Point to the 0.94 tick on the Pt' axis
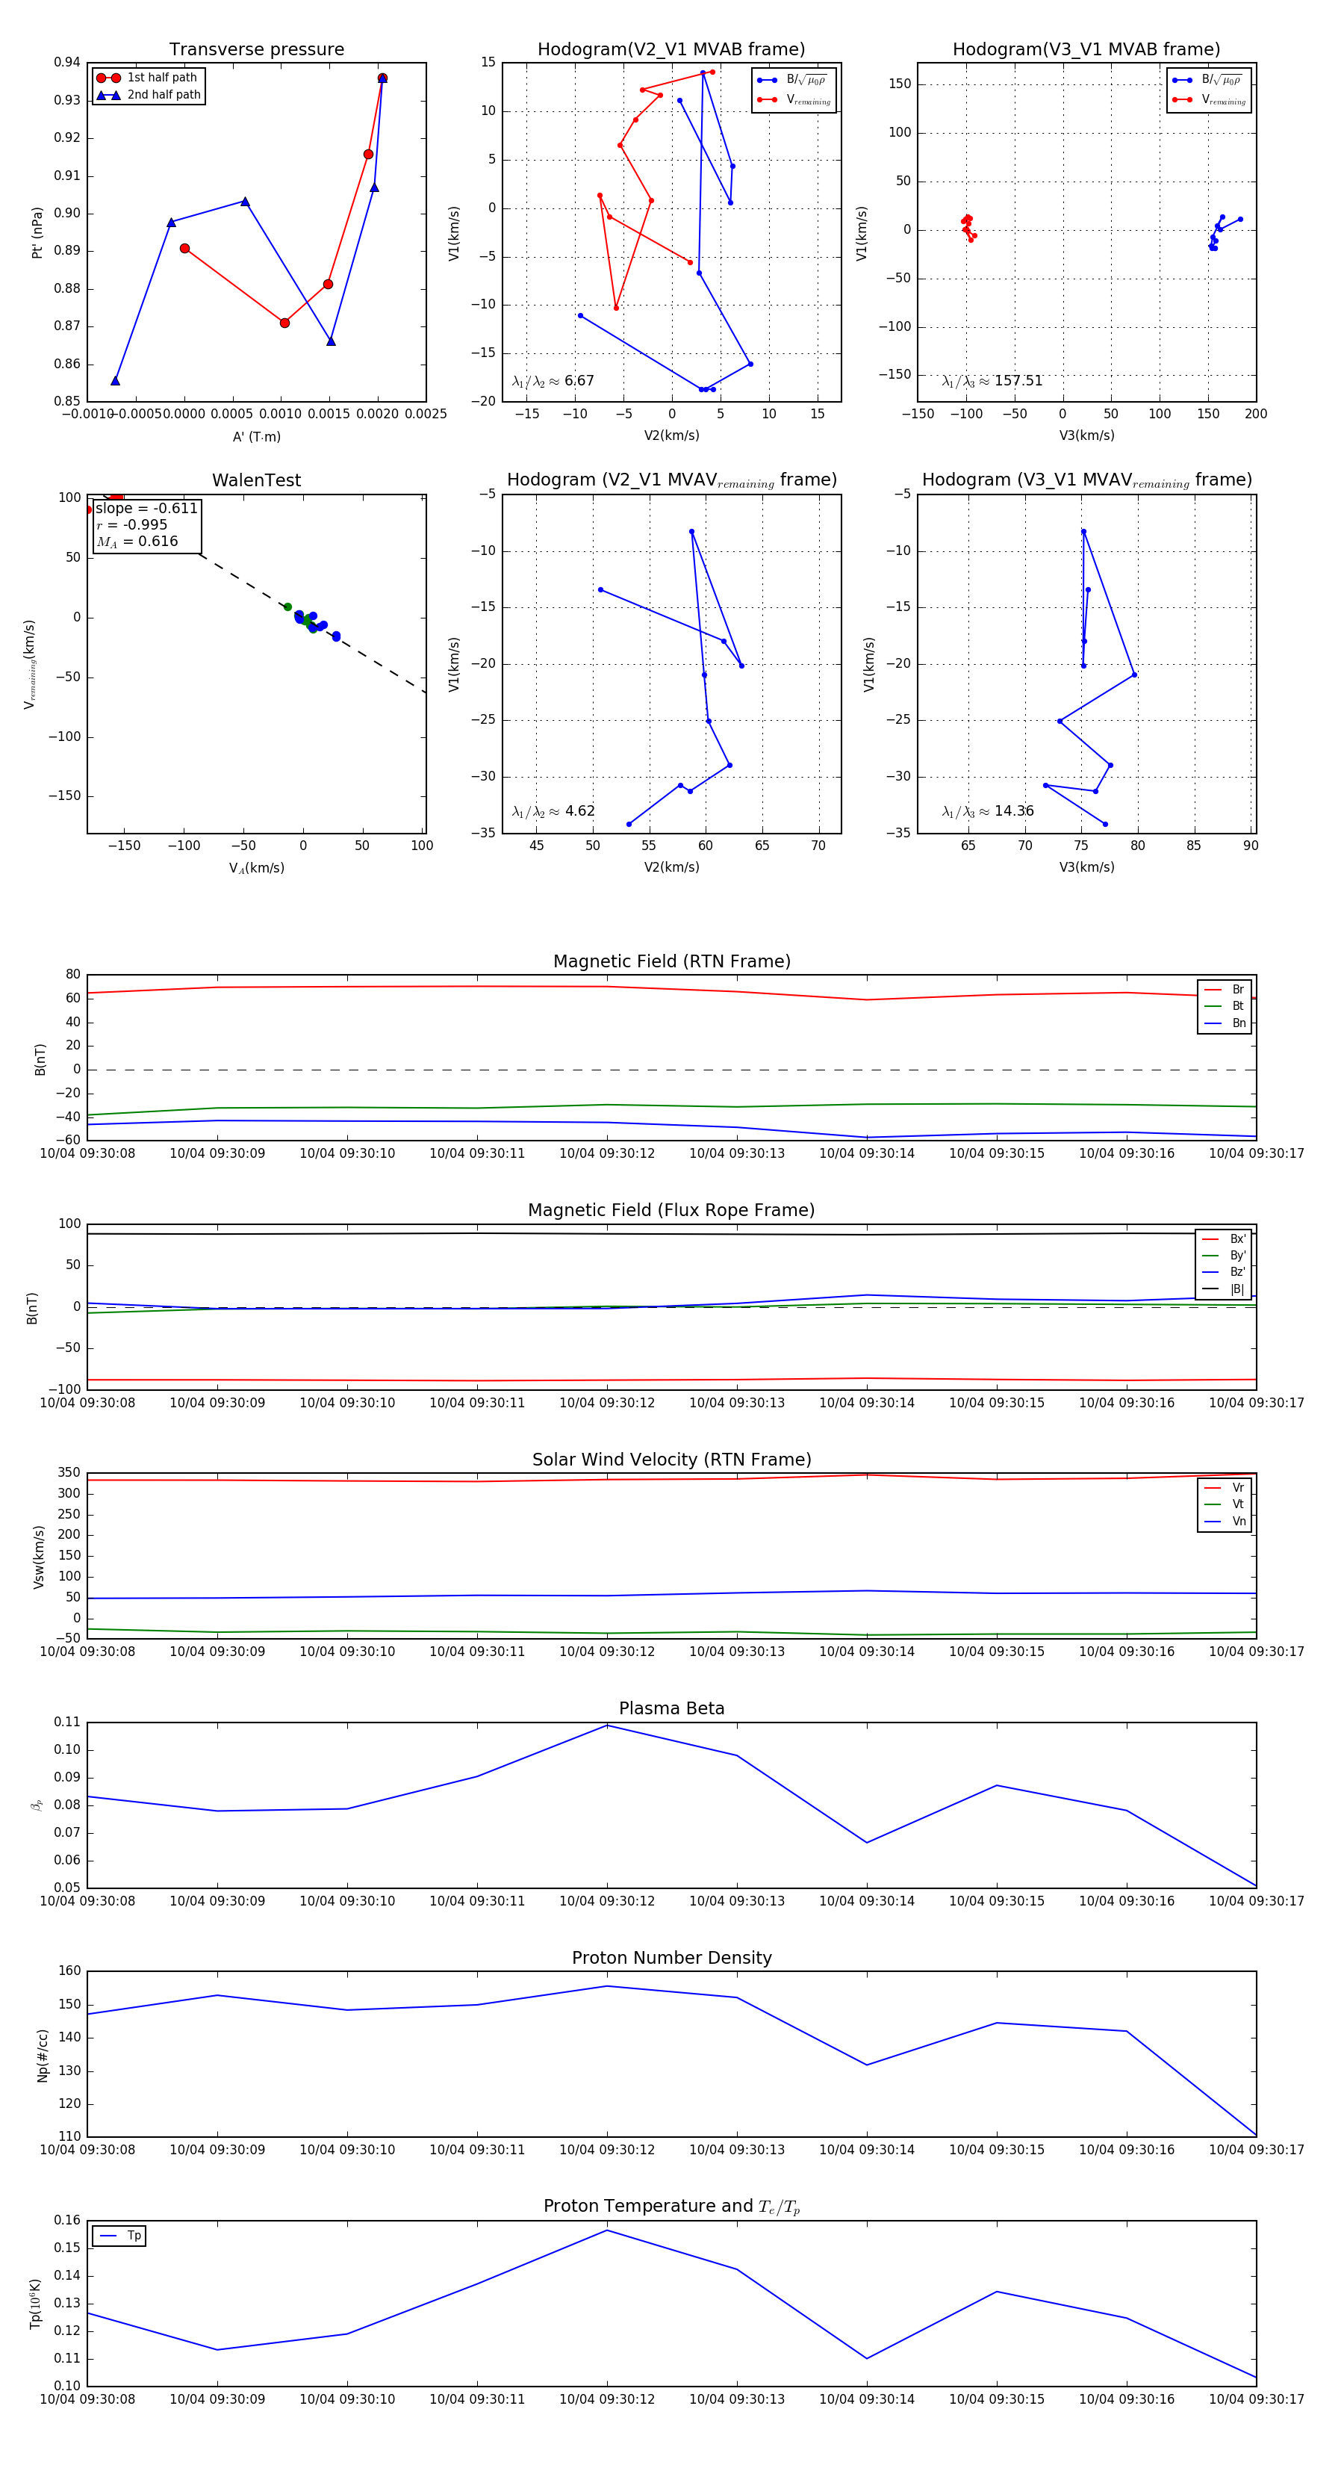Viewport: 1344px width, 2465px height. point(67,62)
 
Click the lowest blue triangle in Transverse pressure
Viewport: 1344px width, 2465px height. point(115,381)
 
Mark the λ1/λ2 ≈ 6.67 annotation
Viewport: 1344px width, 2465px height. point(553,381)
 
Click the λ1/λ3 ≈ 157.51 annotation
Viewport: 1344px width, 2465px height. point(992,381)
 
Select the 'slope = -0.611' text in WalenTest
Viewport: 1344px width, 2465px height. point(146,508)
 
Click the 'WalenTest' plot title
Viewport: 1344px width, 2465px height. point(256,480)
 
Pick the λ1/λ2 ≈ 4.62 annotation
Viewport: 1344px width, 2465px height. point(553,811)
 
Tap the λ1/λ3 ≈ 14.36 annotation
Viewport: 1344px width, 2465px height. point(987,811)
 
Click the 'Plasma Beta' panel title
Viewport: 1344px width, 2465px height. point(671,1709)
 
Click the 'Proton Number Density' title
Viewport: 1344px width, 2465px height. point(671,1958)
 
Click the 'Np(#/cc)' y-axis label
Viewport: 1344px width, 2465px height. point(42,2056)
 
